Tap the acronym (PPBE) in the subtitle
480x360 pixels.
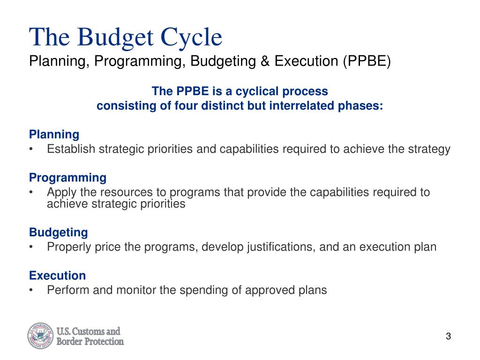pyautogui.click(x=366, y=61)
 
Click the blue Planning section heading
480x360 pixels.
pyautogui.click(x=54, y=135)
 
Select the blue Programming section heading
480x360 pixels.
pyautogui.click(x=67, y=178)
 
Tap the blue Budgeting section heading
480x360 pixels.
pyautogui.click(x=58, y=232)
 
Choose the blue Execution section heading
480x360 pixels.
pyautogui.click(x=57, y=275)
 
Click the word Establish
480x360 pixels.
pyautogui.click(x=71, y=149)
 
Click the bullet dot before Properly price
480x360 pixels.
pyautogui.click(x=31, y=247)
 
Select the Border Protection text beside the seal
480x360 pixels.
pyautogui.click(x=90, y=342)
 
